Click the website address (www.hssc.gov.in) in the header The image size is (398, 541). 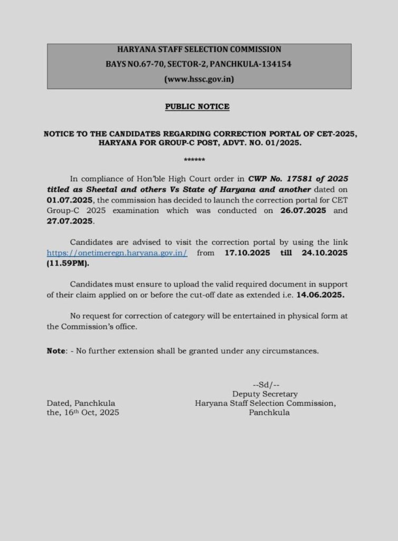(199, 79)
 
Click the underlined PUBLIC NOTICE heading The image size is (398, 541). (197, 107)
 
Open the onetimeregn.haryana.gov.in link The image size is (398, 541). (117, 253)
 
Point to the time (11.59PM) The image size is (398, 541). (68, 263)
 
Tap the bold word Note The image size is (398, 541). (55, 351)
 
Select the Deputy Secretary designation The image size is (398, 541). (265, 394)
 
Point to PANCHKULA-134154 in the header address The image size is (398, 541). (253, 64)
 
